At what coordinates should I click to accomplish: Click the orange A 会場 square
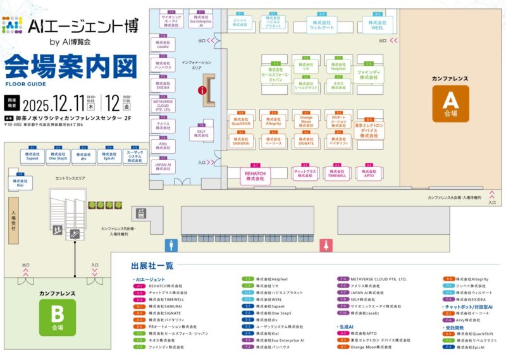[450, 102]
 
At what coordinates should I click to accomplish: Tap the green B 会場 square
[57, 317]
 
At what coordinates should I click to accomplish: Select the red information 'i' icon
[202, 90]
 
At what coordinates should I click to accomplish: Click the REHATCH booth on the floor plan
[254, 175]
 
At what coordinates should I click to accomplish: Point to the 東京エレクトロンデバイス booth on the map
[369, 129]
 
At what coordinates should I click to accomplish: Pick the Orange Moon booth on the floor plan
[306, 121]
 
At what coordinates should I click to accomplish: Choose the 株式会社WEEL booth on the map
[378, 25]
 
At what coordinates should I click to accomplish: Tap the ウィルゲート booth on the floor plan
[322, 25]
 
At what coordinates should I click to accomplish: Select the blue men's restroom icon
[169, 244]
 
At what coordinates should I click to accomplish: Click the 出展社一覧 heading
[152, 266]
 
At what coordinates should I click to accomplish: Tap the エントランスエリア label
[70, 179]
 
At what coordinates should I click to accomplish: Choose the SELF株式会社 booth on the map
[201, 132]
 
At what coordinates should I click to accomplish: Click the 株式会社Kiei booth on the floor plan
[17, 182]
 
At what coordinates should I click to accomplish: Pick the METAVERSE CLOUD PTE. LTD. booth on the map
[163, 106]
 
